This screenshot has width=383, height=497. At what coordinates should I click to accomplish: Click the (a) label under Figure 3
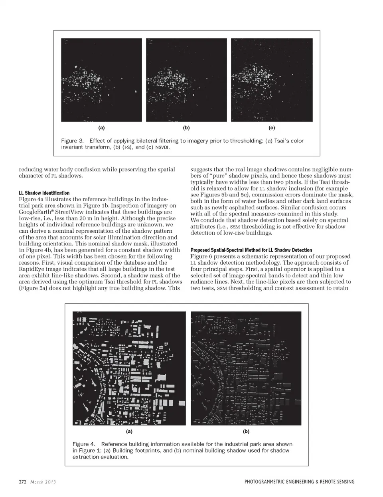(x=101, y=128)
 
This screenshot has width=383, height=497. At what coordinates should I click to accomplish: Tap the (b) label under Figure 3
(x=186, y=128)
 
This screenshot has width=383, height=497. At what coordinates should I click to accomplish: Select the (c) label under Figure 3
(x=272, y=128)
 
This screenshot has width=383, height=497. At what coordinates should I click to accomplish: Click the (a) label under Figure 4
(x=129, y=431)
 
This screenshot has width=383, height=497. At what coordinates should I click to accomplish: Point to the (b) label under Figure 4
(x=246, y=431)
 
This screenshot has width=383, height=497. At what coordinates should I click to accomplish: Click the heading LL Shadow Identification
(x=44, y=193)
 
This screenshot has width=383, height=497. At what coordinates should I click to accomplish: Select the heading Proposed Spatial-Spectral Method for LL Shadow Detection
(x=251, y=250)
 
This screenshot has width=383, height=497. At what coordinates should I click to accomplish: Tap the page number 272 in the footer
(x=23, y=482)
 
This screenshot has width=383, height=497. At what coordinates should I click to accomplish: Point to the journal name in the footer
(x=299, y=482)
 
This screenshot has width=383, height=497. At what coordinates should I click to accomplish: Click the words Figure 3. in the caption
(x=72, y=141)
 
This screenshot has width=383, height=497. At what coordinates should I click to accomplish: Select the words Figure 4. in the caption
(x=84, y=444)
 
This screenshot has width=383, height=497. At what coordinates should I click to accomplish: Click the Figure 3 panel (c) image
(x=272, y=80)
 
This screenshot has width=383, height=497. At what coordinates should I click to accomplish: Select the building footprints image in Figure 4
(x=129, y=368)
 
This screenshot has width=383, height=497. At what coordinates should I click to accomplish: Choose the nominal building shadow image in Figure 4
(x=246, y=368)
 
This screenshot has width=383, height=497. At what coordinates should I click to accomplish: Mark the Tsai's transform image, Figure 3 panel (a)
(x=101, y=80)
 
